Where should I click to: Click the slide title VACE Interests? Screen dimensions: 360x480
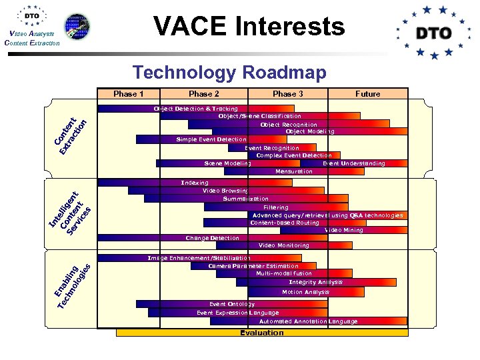tap(249, 27)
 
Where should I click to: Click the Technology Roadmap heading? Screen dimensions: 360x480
tap(229, 72)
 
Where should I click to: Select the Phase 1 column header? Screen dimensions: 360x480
tap(129, 94)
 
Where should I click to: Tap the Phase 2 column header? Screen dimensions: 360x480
tap(204, 94)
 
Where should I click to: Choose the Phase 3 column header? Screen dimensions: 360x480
tap(288, 94)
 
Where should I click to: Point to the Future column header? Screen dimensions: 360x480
tap(367, 94)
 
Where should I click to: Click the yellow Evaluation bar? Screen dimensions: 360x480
tap(262, 333)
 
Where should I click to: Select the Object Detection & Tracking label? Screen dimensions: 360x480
tap(195, 109)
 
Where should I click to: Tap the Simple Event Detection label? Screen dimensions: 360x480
tap(202, 140)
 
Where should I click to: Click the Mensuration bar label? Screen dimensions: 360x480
tap(293, 172)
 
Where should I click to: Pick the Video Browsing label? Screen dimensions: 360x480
tap(225, 191)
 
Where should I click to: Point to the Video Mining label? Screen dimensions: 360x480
tap(344, 230)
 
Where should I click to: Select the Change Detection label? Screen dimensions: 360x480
tap(212, 238)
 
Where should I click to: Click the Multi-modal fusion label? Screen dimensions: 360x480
tap(284, 273)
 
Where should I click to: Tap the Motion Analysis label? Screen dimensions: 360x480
tap(305, 292)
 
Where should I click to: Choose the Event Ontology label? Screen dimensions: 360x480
tap(232, 304)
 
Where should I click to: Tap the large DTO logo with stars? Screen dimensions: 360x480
tap(433, 33)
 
